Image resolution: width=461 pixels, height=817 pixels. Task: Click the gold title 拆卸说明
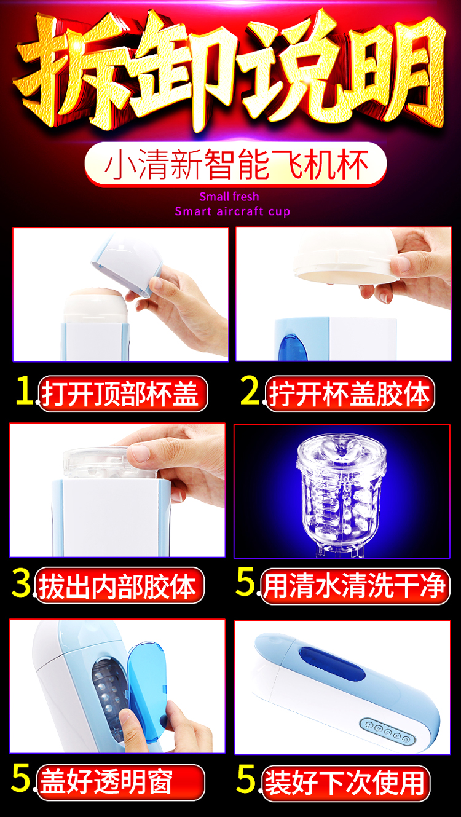[x=230, y=71]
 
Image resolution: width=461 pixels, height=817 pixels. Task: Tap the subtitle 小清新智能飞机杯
[x=235, y=165]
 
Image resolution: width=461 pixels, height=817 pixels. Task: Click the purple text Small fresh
[x=229, y=197]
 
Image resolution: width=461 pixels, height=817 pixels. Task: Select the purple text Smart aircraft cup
[x=233, y=211]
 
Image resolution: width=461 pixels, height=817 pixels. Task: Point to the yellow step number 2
[x=250, y=390]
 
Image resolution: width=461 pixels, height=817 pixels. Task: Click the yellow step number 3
[x=21, y=583]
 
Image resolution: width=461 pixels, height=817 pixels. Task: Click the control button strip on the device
[x=388, y=732]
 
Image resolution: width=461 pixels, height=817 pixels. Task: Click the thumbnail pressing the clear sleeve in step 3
[x=140, y=452]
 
